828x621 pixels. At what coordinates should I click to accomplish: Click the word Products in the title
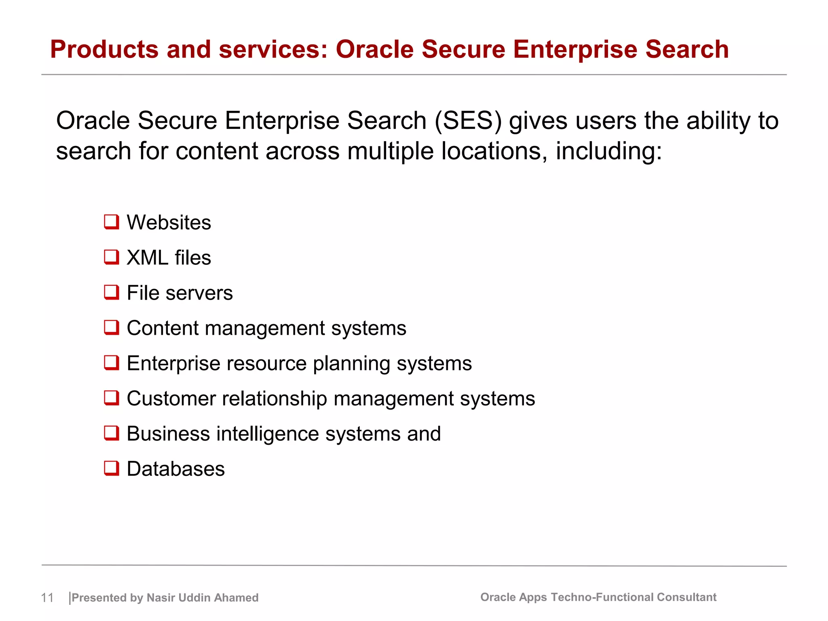[104, 49]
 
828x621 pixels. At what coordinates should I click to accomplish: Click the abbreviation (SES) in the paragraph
[468, 121]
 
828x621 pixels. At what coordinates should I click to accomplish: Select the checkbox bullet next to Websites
[112, 222]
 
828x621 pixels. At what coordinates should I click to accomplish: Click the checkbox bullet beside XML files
[112, 257]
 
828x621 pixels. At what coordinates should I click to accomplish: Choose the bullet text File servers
[180, 293]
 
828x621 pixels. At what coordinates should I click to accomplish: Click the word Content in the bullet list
[162, 328]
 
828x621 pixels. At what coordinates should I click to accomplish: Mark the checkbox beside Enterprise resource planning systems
[112, 363]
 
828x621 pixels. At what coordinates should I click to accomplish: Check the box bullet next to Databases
[112, 468]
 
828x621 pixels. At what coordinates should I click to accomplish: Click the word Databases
[175, 469]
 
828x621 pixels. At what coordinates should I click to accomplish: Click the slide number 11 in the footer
[47, 598]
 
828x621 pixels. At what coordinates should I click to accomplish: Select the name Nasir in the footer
[161, 598]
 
